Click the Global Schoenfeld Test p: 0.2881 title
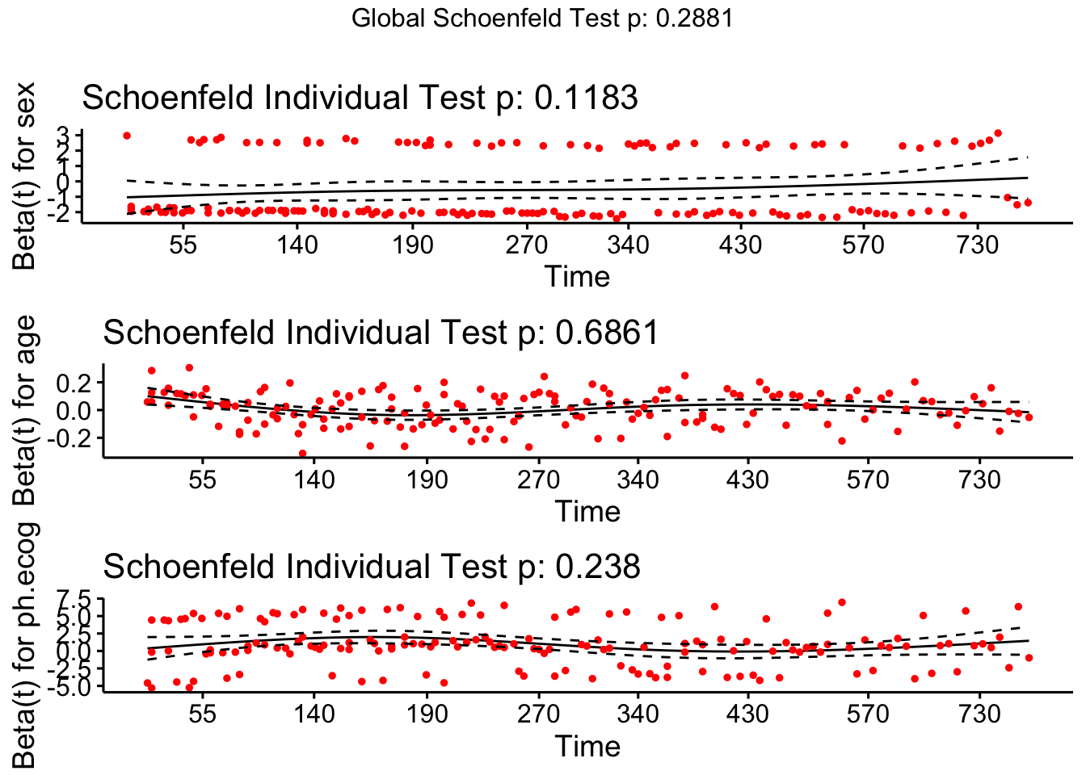[542, 19]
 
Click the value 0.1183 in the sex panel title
[587, 98]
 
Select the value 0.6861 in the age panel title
[607, 333]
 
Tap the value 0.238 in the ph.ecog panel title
[598, 567]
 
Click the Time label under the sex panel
[577, 277]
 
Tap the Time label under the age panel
[587, 512]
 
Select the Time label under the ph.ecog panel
[587, 747]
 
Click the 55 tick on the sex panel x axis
[183, 244]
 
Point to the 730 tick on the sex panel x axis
[978, 244]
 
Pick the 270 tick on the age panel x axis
[538, 480]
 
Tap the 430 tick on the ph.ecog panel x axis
[747, 714]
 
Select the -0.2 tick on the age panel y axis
[74, 438]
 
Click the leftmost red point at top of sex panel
[127, 136]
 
